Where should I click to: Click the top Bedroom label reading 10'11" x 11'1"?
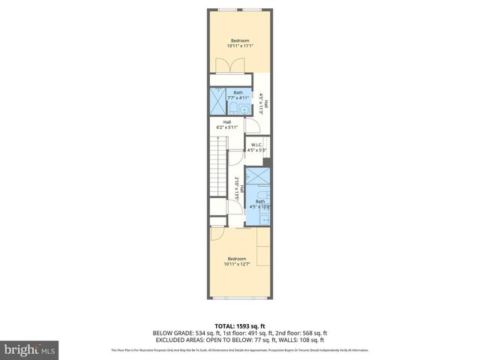(239, 43)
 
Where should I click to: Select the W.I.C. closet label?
(256, 147)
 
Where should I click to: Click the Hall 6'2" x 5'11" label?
(226, 124)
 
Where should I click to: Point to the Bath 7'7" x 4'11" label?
(238, 95)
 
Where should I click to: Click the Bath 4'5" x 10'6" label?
(260, 202)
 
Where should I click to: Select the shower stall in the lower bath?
(257, 178)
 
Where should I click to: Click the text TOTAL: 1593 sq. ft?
(240, 326)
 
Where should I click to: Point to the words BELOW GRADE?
(172, 333)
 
